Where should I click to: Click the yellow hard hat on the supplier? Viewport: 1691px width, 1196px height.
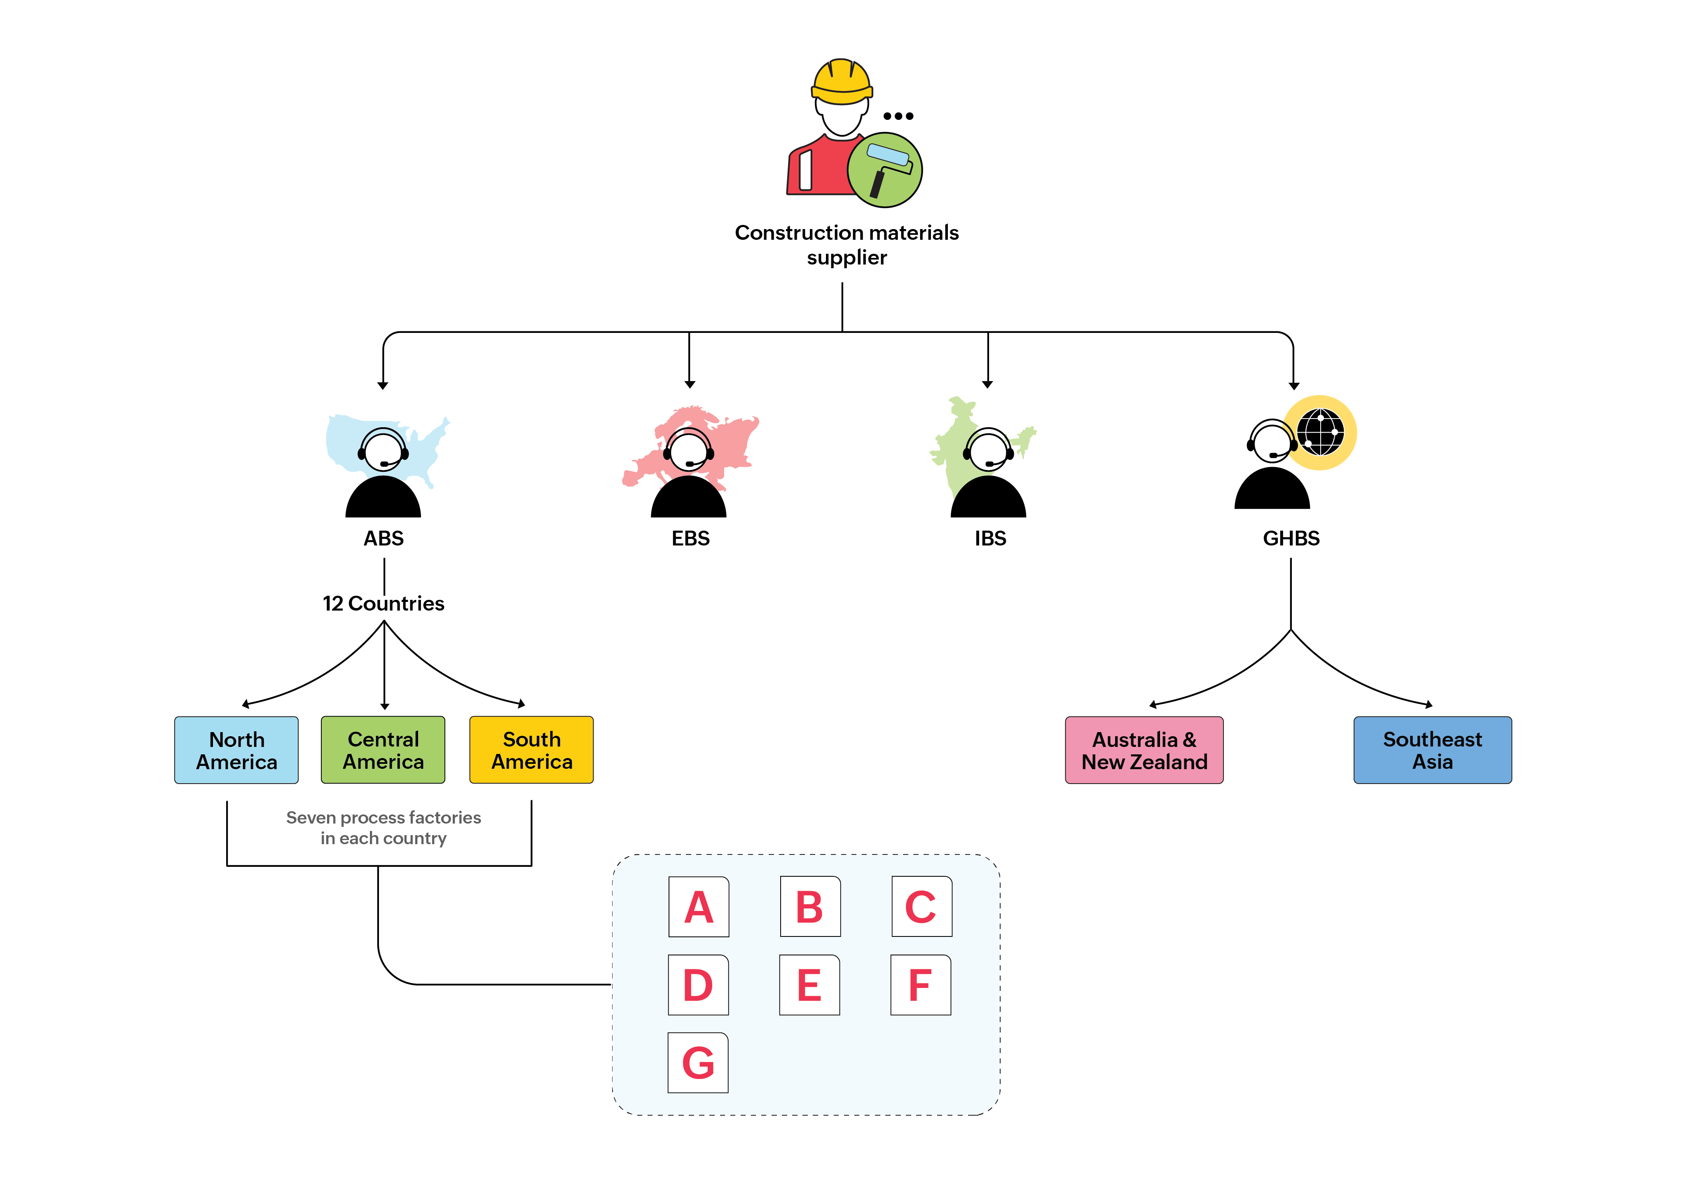tap(842, 82)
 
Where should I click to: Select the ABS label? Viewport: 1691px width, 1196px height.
tap(383, 538)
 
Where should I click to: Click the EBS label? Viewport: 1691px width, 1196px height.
tap(690, 538)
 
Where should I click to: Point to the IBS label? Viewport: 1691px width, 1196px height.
tap(990, 538)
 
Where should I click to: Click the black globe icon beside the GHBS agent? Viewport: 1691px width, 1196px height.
tap(1321, 432)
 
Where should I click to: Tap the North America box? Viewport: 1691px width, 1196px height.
tap(236, 750)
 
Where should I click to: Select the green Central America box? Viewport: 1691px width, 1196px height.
tap(383, 750)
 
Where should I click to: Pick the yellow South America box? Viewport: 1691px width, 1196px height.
tap(531, 750)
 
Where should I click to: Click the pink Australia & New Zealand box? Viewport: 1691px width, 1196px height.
tap(1144, 750)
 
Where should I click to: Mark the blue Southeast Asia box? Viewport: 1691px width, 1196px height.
tap(1432, 750)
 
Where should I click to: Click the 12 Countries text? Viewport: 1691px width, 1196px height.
tap(383, 603)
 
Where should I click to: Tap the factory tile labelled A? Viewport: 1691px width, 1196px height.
tap(698, 906)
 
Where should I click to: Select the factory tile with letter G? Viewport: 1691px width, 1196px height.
tap(697, 1063)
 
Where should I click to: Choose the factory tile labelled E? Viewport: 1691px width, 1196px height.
tap(809, 985)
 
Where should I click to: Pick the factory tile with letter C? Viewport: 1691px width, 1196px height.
tap(922, 906)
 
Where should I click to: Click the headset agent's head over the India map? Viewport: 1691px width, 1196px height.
tap(988, 449)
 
